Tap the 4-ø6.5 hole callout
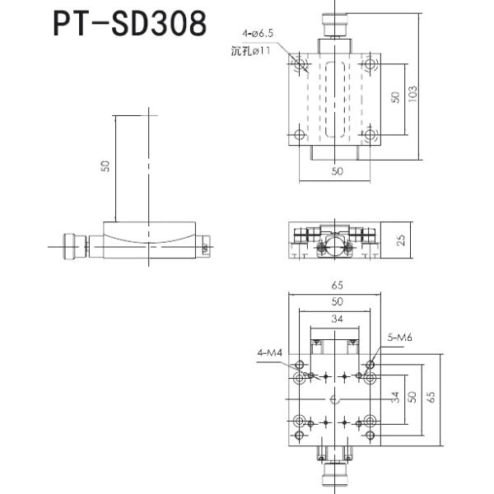click(257, 34)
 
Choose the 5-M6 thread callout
click(399, 336)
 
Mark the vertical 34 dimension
click(395, 397)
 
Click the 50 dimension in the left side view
click(105, 166)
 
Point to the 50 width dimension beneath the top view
click(337, 171)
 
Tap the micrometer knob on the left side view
click(68, 245)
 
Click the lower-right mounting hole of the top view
click(372, 134)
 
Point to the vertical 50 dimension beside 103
click(395, 97)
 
